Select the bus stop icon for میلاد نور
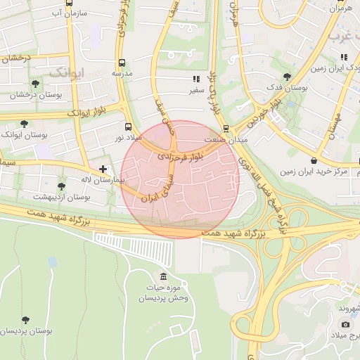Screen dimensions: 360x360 [x=127, y=127]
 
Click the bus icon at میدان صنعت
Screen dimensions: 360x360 [x=226, y=129]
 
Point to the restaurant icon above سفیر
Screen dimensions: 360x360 [x=195, y=79]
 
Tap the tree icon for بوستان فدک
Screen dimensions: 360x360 [x=286, y=77]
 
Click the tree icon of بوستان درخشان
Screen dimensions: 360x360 [x=35, y=83]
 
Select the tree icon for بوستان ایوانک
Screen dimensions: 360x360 [x=25, y=123]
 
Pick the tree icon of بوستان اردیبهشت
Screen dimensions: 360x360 [x=61, y=186]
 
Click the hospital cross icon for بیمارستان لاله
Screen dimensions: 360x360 [x=103, y=169]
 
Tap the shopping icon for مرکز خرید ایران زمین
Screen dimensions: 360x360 [x=313, y=160]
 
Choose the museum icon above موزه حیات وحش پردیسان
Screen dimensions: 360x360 [x=164, y=276]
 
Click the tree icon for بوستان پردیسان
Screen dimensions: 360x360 [x=26, y=320]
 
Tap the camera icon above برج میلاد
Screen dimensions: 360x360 [x=345, y=324]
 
